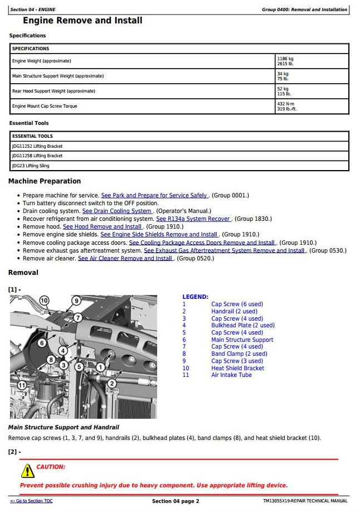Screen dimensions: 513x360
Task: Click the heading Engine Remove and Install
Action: tap(82, 21)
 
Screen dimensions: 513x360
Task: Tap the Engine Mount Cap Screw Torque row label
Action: tap(45, 106)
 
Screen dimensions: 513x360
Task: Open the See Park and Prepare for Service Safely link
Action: tap(154, 196)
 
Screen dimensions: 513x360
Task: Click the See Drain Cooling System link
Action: tap(117, 211)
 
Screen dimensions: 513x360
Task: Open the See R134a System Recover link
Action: tap(193, 219)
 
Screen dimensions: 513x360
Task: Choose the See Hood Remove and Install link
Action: tap(103, 227)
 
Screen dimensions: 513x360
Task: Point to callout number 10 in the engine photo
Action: tap(45, 301)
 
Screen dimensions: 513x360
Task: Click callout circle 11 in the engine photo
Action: tap(22, 385)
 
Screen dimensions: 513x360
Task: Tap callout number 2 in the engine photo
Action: tap(111, 383)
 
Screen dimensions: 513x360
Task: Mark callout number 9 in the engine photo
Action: tap(76, 301)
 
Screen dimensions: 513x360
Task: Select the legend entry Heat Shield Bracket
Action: tap(237, 368)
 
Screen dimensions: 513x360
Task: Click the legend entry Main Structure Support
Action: tap(242, 340)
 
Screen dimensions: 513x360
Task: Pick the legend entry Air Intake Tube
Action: tap(231, 375)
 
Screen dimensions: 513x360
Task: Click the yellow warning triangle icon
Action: tap(27, 471)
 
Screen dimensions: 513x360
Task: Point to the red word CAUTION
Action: tap(51, 467)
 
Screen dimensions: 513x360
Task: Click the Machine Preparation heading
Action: tap(45, 181)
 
